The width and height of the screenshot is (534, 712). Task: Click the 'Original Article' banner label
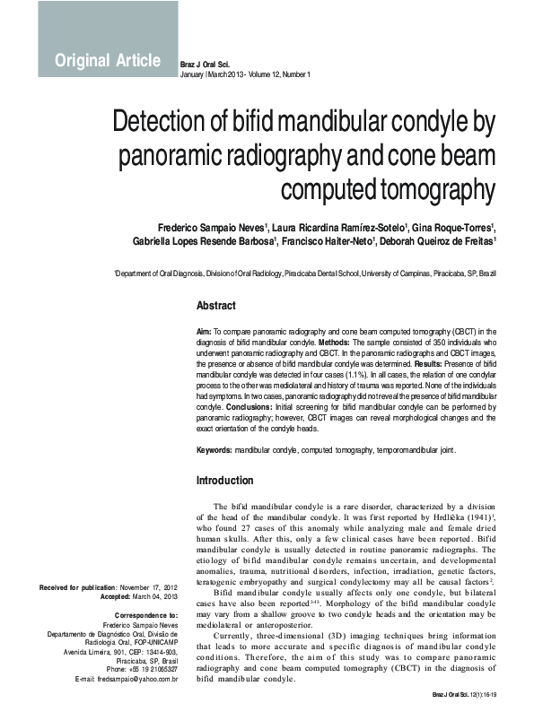108,61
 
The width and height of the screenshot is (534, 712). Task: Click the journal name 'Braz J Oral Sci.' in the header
206,65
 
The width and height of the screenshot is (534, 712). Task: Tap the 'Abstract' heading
215,305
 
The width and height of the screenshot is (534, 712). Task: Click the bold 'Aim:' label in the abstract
204,332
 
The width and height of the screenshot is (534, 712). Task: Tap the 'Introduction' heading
224,481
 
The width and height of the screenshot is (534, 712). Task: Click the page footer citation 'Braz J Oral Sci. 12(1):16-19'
464,695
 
